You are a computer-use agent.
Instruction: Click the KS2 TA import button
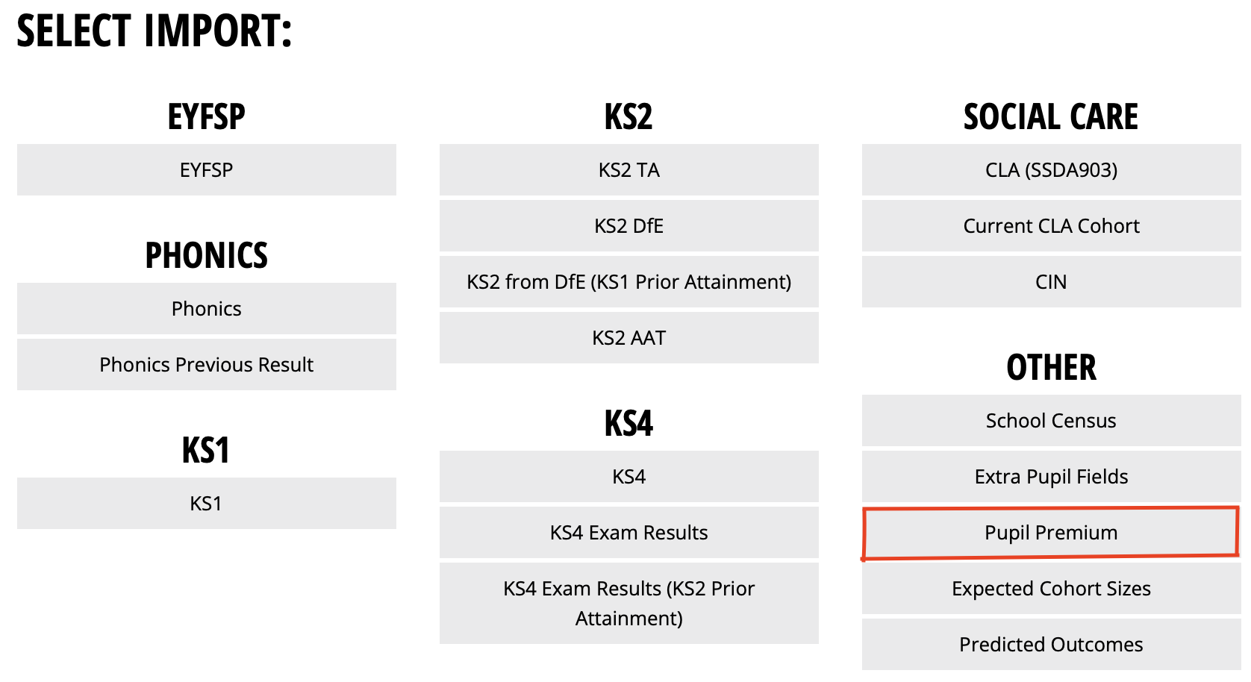(628, 169)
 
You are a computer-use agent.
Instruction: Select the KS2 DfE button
(628, 225)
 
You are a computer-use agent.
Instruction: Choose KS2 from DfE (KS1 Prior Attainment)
(628, 281)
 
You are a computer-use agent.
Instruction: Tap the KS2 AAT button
(628, 338)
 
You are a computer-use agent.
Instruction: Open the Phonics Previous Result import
(207, 364)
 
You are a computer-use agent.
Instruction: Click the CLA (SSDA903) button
(1051, 169)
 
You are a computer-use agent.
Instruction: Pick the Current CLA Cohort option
(1051, 225)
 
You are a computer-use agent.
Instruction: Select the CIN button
(1051, 281)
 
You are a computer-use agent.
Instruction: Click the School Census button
(1051, 420)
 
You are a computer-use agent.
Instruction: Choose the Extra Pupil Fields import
(1051, 477)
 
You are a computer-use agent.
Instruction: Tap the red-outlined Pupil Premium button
(1051, 533)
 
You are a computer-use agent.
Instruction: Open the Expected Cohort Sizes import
(1051, 588)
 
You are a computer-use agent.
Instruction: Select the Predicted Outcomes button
(1051, 644)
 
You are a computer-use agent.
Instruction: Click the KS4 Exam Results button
(628, 533)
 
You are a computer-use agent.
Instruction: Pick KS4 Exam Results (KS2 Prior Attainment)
(628, 604)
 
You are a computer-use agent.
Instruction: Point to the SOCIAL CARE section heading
(1051, 116)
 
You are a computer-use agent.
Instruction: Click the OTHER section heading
(1051, 367)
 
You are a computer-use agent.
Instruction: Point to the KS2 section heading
(628, 116)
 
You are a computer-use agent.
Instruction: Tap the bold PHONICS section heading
(207, 255)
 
